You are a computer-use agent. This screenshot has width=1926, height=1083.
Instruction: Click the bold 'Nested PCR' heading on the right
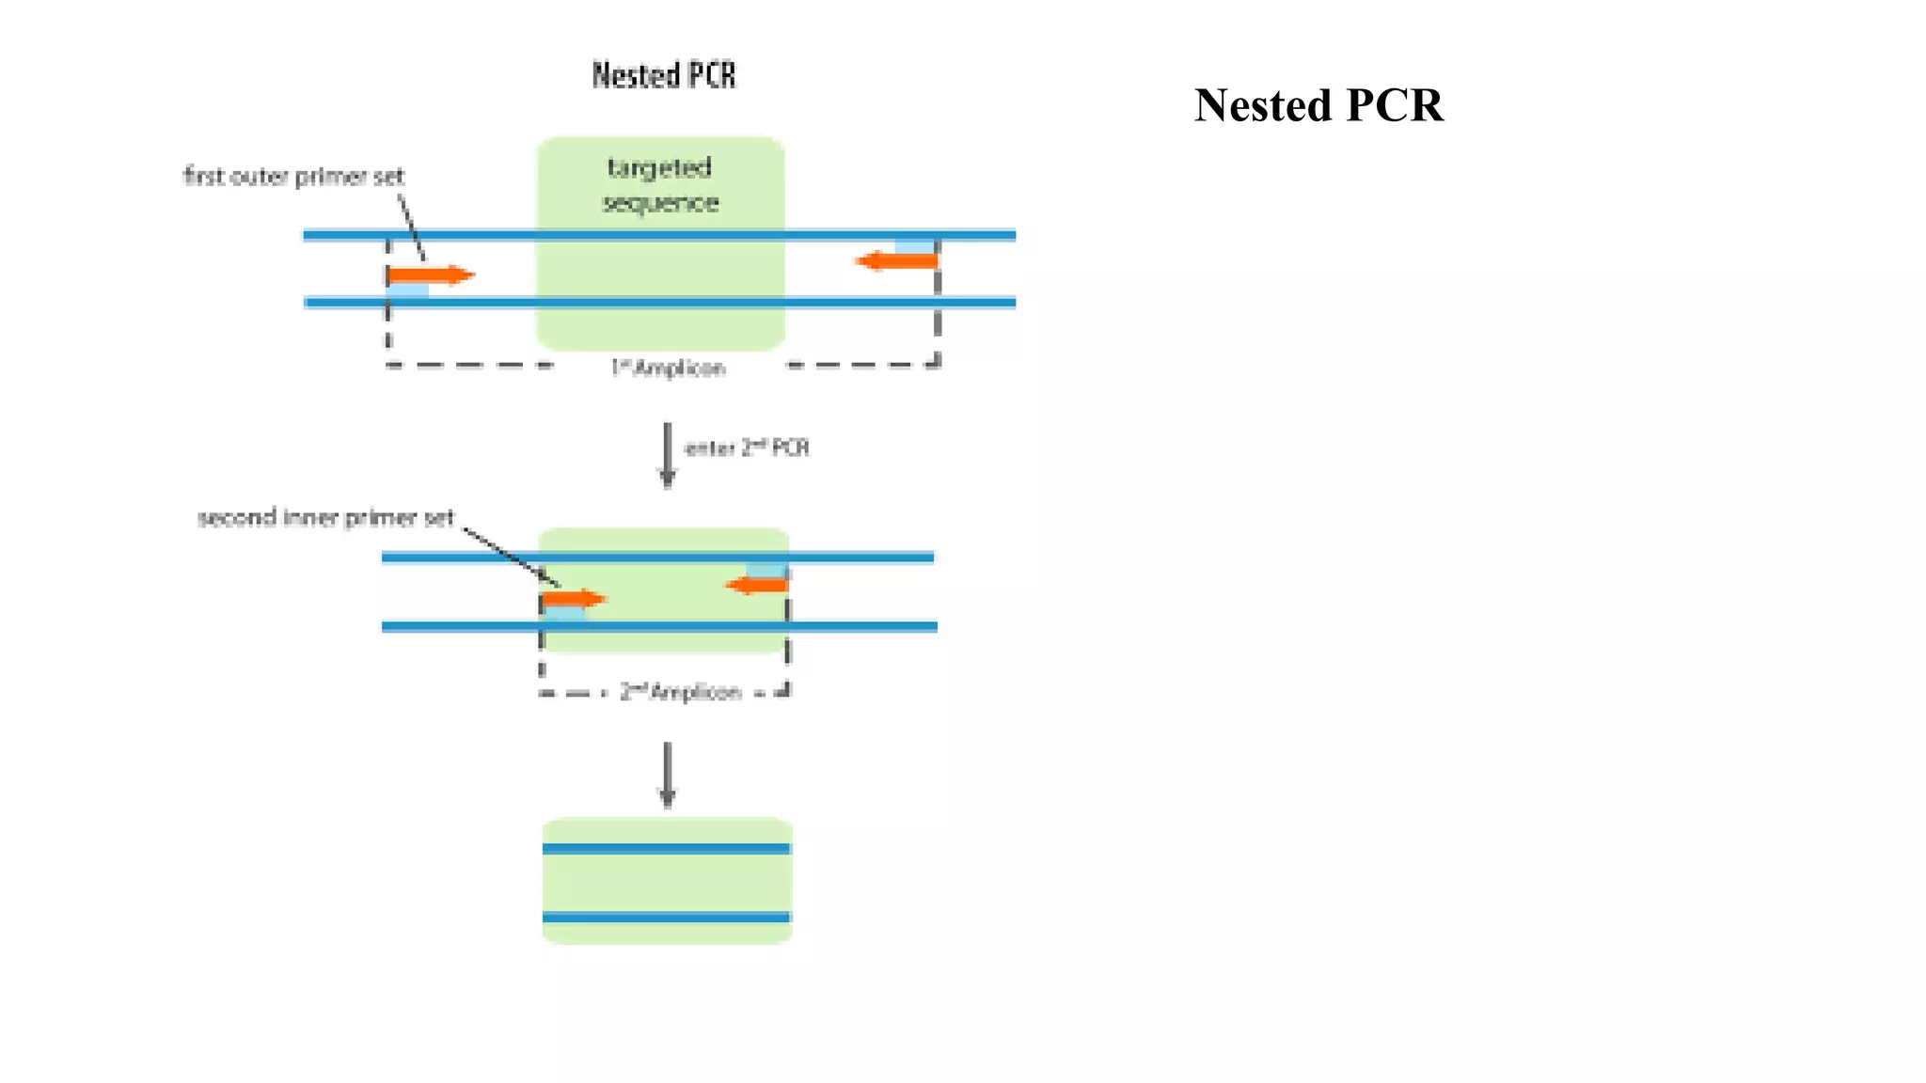tap(1318, 105)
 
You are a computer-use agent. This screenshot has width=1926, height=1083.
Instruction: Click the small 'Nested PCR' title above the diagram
tap(664, 75)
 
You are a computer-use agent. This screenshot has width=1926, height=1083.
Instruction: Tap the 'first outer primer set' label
tap(293, 177)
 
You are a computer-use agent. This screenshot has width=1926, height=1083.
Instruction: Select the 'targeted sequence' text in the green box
tap(660, 184)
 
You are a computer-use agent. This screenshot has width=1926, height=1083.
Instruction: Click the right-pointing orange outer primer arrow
tap(431, 275)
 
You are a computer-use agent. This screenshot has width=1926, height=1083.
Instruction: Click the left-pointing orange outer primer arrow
tap(897, 260)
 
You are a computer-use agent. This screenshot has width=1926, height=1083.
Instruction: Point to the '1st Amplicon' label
tap(668, 368)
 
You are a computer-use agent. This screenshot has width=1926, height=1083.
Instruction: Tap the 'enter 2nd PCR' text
tap(747, 447)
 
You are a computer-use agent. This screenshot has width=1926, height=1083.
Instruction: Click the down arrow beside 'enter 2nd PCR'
tap(668, 455)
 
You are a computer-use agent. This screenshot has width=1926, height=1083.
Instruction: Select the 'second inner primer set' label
tap(325, 517)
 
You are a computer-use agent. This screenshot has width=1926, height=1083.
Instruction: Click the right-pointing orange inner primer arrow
tap(574, 598)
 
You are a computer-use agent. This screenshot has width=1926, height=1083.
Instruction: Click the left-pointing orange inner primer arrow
tap(757, 585)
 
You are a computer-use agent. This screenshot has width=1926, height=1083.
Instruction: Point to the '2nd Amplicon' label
tap(681, 693)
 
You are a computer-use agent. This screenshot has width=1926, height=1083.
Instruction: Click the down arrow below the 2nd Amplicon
tap(668, 775)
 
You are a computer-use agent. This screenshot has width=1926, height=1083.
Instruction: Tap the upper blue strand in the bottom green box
tap(666, 848)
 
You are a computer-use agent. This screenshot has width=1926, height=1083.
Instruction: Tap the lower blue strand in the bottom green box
tap(666, 917)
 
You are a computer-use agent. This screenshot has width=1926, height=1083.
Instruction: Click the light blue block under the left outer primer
tap(408, 290)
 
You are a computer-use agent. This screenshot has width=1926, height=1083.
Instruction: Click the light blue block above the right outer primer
tap(914, 246)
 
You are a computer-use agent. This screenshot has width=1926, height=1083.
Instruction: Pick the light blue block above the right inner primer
tap(766, 570)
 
